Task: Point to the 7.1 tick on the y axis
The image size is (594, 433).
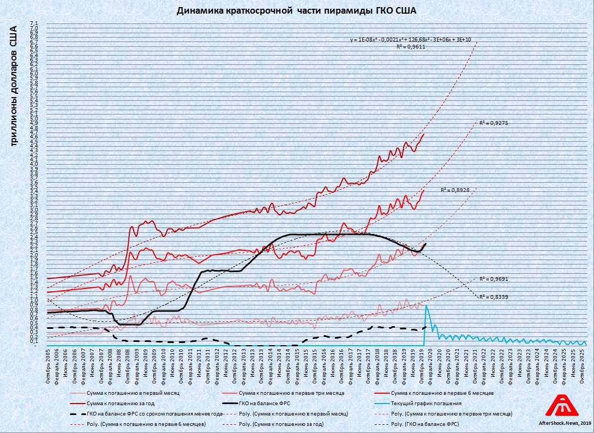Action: coord(34,23)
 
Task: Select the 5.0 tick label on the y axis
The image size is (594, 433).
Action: coord(34,118)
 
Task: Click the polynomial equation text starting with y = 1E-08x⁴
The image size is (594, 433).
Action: coord(411,40)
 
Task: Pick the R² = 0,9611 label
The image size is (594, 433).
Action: coord(410,47)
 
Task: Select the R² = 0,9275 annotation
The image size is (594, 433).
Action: coord(494,124)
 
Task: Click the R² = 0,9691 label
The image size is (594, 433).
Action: coord(494,279)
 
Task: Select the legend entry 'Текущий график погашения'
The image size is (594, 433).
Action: coord(426,404)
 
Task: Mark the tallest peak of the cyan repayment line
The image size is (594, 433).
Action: coord(426,306)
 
